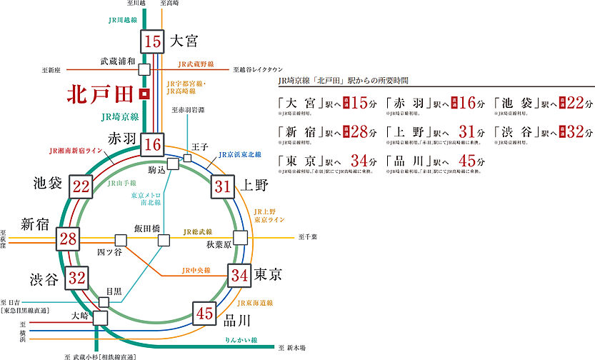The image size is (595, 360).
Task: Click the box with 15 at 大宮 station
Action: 152,41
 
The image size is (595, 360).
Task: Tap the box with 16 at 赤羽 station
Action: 152,145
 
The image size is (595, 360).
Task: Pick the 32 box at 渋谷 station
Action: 78,277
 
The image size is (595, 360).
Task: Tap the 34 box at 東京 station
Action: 239,274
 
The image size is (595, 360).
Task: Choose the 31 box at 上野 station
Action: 223,187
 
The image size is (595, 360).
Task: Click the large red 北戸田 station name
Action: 101,94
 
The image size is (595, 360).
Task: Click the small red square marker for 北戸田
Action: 144,94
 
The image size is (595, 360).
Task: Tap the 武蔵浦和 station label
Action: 117,62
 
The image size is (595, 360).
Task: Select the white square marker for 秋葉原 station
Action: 240,237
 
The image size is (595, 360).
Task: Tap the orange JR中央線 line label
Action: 196,271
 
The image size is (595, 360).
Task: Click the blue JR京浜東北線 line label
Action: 239,154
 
